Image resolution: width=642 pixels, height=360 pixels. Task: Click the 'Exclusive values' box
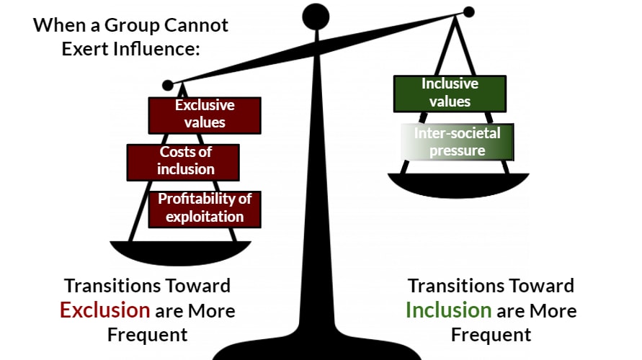tap(204, 114)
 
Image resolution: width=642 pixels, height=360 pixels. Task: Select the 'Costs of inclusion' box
tap(182, 161)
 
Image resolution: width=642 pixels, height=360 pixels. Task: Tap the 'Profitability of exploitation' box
tap(205, 207)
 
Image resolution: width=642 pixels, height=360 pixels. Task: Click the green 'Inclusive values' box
tap(450, 93)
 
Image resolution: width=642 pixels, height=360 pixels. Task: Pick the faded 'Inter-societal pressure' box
tap(457, 142)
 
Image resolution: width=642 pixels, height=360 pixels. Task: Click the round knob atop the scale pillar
tap(316, 17)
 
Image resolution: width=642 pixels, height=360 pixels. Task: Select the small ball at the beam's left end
tap(168, 86)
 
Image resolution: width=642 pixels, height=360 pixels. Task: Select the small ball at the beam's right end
tap(468, 12)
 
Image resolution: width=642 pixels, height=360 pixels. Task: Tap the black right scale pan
tap(458, 184)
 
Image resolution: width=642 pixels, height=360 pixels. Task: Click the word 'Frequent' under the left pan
tap(148, 334)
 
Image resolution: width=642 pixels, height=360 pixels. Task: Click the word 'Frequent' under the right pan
tap(491, 334)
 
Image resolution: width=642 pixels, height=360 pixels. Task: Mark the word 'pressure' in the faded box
tap(457, 150)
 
